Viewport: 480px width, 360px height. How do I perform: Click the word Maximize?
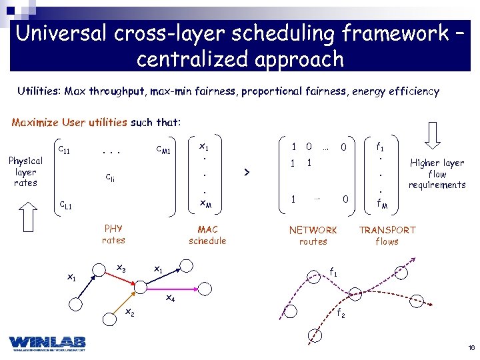(35, 123)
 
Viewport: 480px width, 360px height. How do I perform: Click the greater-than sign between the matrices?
(247, 173)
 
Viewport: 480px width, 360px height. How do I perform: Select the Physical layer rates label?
(25, 171)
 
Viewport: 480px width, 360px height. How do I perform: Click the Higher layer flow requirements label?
(437, 173)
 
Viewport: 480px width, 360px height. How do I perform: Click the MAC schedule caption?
(207, 235)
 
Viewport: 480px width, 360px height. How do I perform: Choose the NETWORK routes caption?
(313, 235)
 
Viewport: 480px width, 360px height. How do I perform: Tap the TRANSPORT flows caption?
(387, 235)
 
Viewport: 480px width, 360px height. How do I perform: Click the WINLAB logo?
(47, 342)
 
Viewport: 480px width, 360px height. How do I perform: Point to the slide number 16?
(471, 348)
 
